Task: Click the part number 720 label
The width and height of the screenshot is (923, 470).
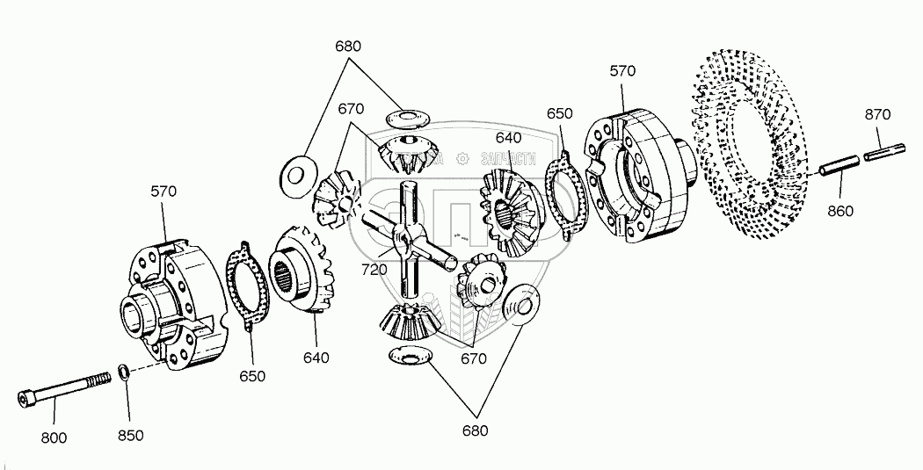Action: tap(374, 270)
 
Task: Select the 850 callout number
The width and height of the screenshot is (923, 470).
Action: tap(130, 435)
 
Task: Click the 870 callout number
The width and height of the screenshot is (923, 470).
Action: tap(876, 114)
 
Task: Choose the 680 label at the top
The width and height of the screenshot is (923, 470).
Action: tap(348, 46)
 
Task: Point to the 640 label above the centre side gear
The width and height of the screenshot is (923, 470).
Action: tap(508, 137)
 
